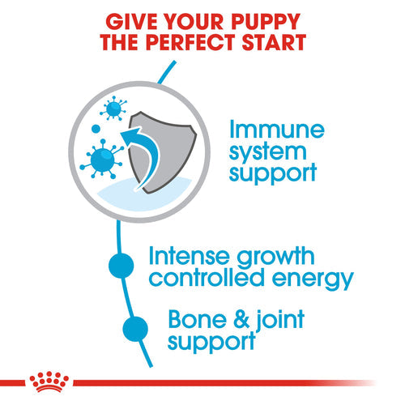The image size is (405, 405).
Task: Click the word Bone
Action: pos(193,318)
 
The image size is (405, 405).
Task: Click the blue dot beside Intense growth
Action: pos(121,266)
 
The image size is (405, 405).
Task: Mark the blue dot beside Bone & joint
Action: pos(135,328)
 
